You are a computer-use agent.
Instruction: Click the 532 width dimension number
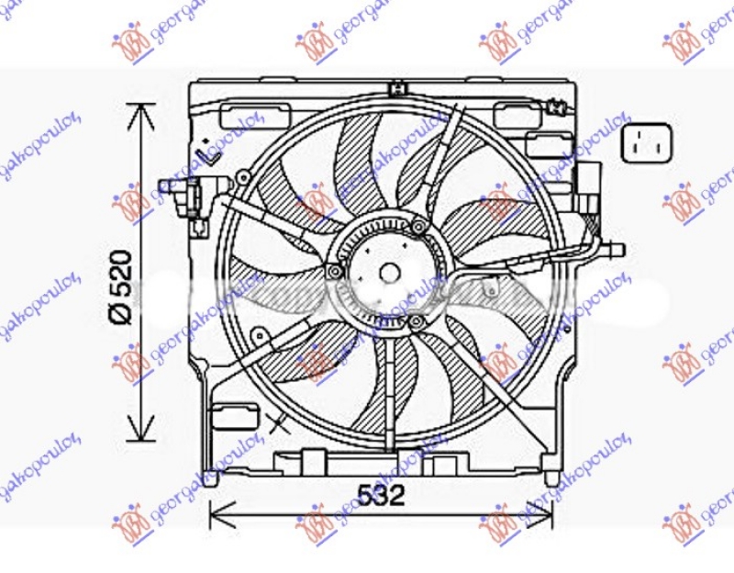[x=380, y=497]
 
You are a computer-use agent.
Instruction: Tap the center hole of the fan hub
[x=389, y=273]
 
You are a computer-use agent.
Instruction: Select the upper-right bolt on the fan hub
[x=418, y=226]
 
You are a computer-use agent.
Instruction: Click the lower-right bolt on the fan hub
[x=417, y=320]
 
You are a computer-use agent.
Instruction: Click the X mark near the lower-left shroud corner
[x=279, y=423]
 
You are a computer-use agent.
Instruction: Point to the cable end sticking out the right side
[x=617, y=249]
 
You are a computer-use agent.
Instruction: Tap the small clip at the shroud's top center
[x=397, y=88]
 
